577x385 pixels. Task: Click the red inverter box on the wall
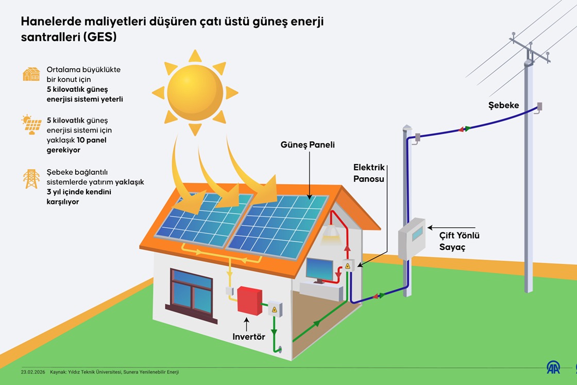[x=249, y=300]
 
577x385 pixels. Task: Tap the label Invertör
[x=249, y=337]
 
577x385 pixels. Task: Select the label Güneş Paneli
[x=308, y=145]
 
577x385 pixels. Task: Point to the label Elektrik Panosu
[x=369, y=172]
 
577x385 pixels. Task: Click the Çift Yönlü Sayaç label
[x=459, y=241]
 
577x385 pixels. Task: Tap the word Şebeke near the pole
[x=503, y=106]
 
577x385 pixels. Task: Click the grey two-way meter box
[x=412, y=238]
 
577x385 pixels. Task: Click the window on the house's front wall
[x=192, y=293]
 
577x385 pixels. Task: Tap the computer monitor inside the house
[x=319, y=269]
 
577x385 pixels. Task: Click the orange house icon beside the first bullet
[x=31, y=74]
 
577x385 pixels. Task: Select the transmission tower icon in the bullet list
[x=31, y=178]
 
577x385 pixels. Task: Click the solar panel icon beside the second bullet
[x=31, y=125]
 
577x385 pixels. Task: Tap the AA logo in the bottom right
[x=553, y=367]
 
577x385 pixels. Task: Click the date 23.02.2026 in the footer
[x=31, y=372]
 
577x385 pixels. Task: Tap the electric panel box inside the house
[x=348, y=266]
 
